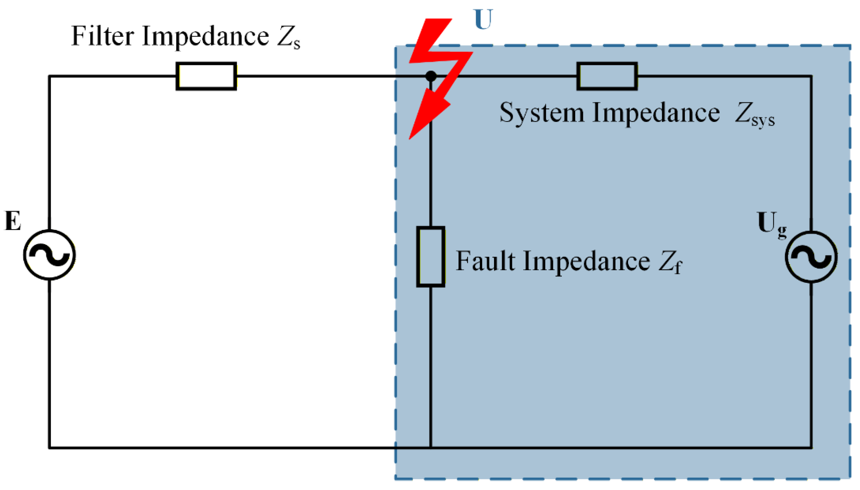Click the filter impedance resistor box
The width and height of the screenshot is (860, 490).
click(206, 76)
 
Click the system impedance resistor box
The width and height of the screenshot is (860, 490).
click(607, 76)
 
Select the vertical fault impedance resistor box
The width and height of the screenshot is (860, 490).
click(431, 257)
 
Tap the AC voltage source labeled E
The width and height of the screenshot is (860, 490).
click(50, 255)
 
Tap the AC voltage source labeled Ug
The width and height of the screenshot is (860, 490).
click(811, 257)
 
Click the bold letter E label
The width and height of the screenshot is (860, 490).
click(13, 221)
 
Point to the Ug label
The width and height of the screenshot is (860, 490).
click(771, 224)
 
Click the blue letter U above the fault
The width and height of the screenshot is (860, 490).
click(483, 20)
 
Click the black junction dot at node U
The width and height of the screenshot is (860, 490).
click(431, 76)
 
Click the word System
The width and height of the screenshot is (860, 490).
click(542, 113)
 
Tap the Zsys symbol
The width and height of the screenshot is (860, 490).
click(754, 114)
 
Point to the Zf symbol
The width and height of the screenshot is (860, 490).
click(669, 262)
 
